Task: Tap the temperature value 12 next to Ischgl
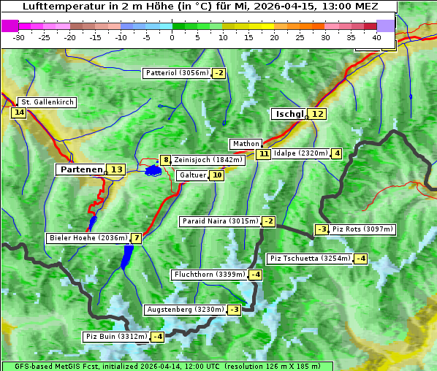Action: point(317,114)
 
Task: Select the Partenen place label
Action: point(80,169)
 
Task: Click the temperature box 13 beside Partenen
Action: point(116,169)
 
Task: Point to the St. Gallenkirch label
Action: point(47,102)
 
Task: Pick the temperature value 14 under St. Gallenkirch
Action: point(19,112)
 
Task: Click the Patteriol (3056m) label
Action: point(176,73)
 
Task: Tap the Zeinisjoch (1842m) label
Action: point(208,159)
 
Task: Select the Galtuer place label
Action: point(192,175)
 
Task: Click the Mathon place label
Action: point(245,144)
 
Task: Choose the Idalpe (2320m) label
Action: point(300,153)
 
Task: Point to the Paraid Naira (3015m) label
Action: point(220,221)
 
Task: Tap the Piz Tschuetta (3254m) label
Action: point(310,259)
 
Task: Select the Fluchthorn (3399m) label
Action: point(209,275)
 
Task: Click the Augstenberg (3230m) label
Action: point(184,310)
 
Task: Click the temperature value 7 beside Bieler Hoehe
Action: point(136,238)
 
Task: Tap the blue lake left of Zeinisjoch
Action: point(153,170)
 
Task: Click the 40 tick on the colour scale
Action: point(376,37)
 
